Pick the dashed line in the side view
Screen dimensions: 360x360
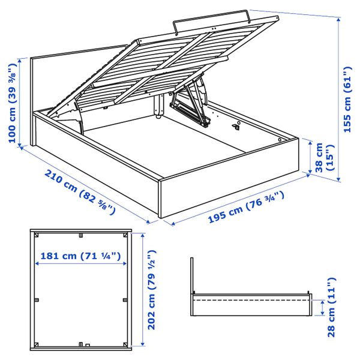(252, 299)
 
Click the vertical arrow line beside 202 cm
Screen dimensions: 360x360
(143, 288)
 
